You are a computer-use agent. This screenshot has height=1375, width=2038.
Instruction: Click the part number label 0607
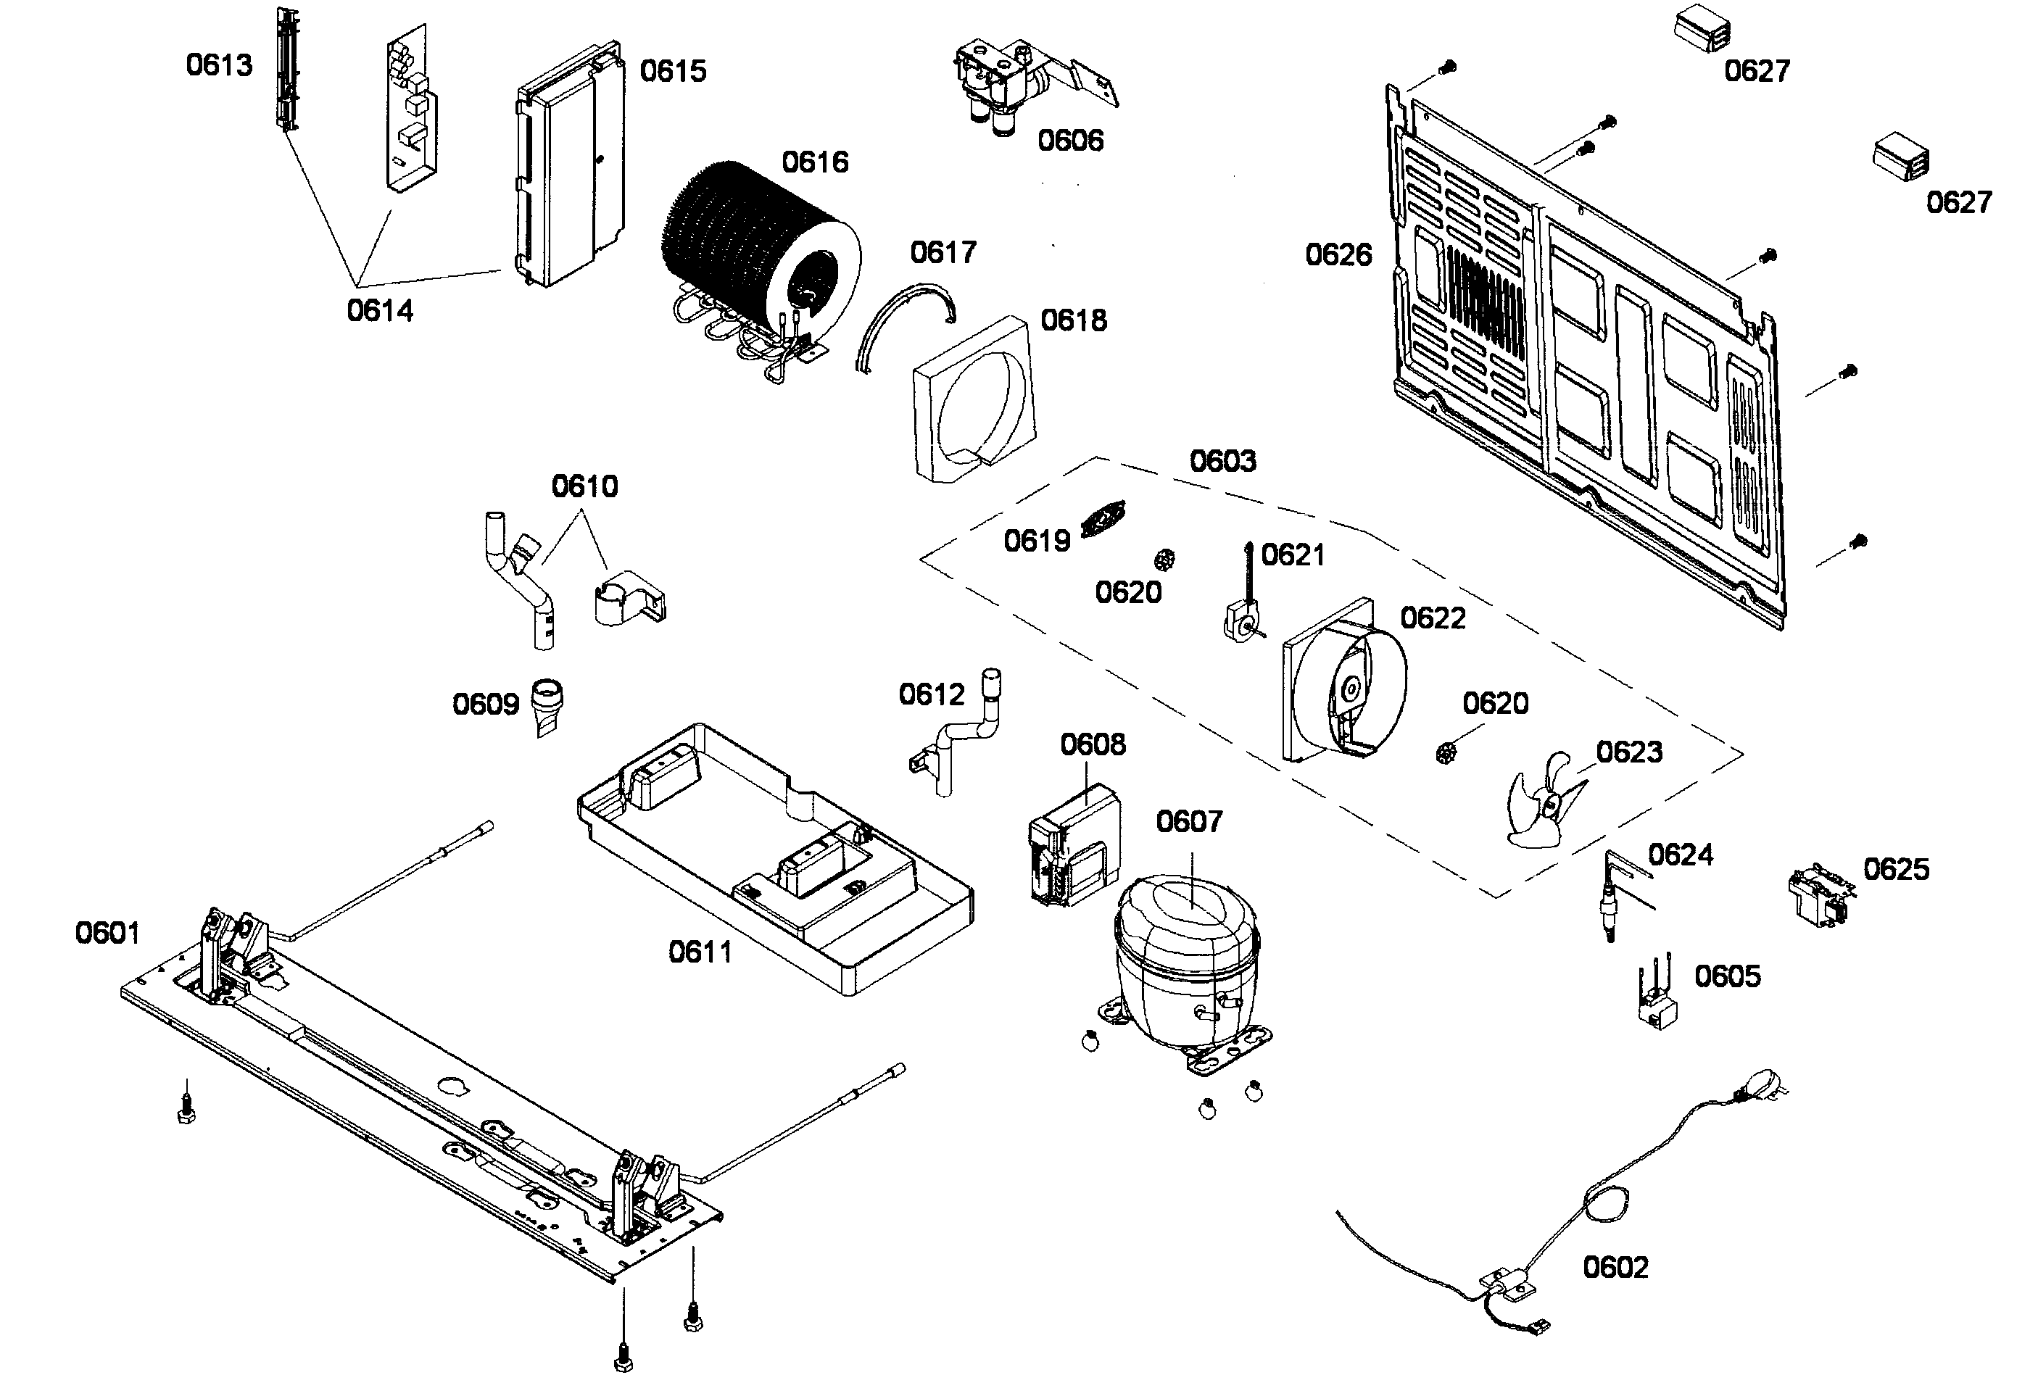(x=1188, y=822)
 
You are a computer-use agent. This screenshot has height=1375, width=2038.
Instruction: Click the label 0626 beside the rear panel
(x=1338, y=255)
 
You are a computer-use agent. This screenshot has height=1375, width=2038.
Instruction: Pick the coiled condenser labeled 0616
(x=758, y=254)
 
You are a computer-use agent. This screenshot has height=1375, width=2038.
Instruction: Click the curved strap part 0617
(x=903, y=325)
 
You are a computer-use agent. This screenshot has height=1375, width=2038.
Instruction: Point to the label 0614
(x=380, y=310)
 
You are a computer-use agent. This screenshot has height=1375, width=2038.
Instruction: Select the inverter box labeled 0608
(x=1074, y=846)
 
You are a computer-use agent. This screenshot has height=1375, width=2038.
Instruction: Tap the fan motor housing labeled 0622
(x=1342, y=684)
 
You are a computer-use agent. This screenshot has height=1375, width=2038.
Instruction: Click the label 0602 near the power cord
(x=1615, y=1267)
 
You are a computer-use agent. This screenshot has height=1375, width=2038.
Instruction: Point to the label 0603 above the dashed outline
(x=1222, y=461)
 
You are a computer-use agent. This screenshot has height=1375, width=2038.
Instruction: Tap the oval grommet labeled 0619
(x=1103, y=519)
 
